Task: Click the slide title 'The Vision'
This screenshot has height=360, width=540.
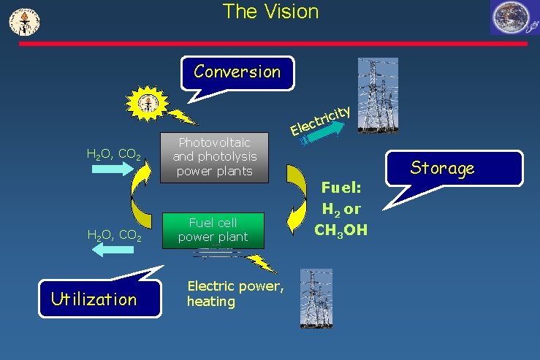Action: point(270,12)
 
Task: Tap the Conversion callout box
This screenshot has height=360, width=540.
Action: point(237,72)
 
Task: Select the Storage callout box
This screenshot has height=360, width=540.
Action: point(442,169)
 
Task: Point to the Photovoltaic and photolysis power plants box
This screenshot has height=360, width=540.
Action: point(214,157)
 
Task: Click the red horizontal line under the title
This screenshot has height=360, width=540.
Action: point(272,44)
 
